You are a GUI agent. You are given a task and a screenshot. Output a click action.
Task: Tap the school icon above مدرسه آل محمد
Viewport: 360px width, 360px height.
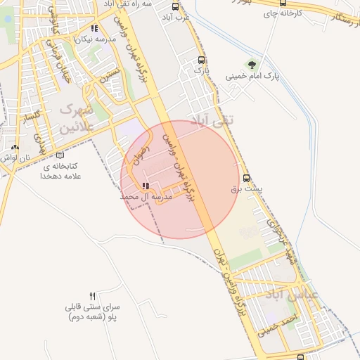[x=146, y=186]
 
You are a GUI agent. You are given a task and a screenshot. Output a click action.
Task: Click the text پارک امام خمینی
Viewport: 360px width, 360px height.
[x=252, y=76]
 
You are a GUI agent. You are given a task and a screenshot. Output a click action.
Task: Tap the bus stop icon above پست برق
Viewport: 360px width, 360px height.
[x=246, y=179]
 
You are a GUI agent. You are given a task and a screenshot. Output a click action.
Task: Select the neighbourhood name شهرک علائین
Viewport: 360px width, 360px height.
[x=76, y=118]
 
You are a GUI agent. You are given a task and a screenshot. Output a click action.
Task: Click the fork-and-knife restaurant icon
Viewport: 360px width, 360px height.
[x=93, y=297]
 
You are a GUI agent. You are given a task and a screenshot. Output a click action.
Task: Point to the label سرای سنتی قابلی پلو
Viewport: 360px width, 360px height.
[x=93, y=312]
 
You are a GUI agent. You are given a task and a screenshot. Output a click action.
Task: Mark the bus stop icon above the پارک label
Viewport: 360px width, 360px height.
[x=202, y=60]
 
